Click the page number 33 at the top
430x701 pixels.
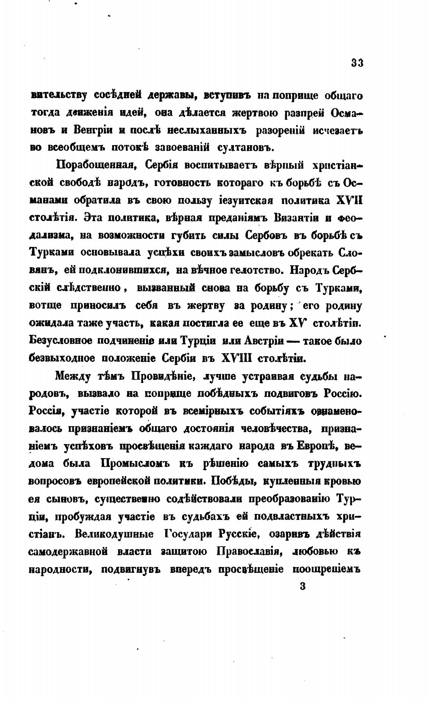coord(357,63)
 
